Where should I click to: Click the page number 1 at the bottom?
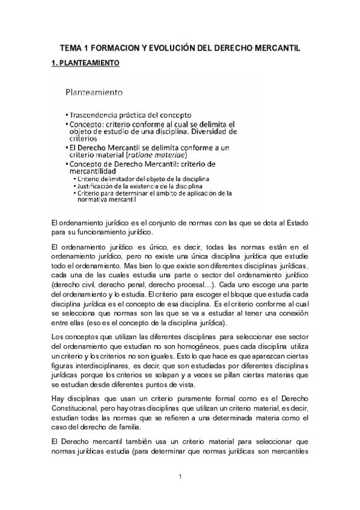(180, 478)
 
